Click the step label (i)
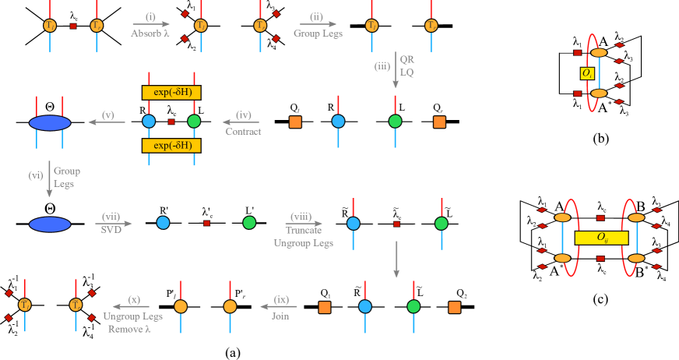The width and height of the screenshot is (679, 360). [x=150, y=16]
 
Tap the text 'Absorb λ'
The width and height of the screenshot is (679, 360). [x=150, y=34]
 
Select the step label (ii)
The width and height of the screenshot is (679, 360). [x=316, y=16]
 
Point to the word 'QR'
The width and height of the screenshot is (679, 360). [x=406, y=59]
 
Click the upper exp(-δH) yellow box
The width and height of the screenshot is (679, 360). [x=171, y=93]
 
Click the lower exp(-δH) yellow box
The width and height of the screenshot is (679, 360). [x=171, y=146]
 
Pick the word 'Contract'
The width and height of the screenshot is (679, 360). [x=243, y=132]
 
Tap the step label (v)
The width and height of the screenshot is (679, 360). [x=107, y=115]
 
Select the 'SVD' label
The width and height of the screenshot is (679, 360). [x=111, y=230]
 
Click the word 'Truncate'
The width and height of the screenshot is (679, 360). [x=303, y=230]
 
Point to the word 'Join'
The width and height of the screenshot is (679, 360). [x=280, y=316]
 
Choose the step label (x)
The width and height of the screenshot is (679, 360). [x=133, y=299]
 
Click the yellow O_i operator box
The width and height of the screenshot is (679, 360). [x=587, y=73]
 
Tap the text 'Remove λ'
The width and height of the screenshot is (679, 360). [x=128, y=329]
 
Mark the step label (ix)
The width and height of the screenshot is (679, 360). [x=281, y=299]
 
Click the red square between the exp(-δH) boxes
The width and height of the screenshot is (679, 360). [x=171, y=122]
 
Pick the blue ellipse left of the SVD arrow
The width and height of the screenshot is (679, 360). [x=50, y=224]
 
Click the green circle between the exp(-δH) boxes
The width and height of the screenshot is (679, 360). [x=194, y=121]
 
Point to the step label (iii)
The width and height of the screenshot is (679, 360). [x=382, y=66]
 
